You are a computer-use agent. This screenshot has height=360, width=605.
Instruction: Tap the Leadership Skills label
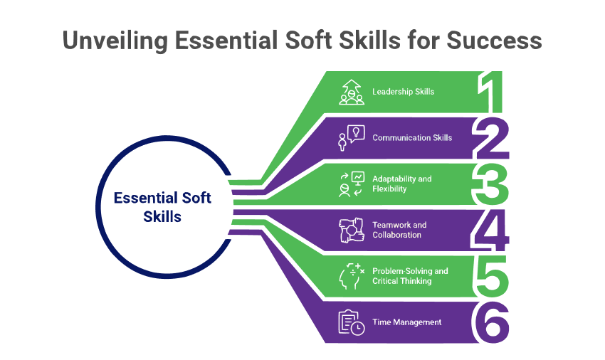[403, 92]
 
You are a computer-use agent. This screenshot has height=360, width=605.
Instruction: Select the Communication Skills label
[412, 138]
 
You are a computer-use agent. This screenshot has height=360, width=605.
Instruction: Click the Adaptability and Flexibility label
[401, 184]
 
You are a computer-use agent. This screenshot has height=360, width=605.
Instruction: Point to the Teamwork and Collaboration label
[399, 230]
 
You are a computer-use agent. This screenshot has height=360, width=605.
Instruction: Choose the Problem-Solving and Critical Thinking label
[410, 276]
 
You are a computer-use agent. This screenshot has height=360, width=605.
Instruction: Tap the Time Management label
[406, 322]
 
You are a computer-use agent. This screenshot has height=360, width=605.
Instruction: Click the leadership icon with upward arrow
[352, 92]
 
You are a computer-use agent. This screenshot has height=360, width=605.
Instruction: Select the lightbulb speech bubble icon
[352, 138]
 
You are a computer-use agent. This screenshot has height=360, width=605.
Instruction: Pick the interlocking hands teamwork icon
[352, 231]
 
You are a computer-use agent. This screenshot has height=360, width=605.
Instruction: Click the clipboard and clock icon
[352, 322]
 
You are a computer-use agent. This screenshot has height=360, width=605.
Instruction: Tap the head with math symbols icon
[352, 276]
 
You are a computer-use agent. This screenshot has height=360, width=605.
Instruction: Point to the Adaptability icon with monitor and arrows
[352, 184]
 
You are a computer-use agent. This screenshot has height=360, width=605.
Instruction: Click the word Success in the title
[494, 40]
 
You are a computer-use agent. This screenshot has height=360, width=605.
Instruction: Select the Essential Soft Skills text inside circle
[162, 207]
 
